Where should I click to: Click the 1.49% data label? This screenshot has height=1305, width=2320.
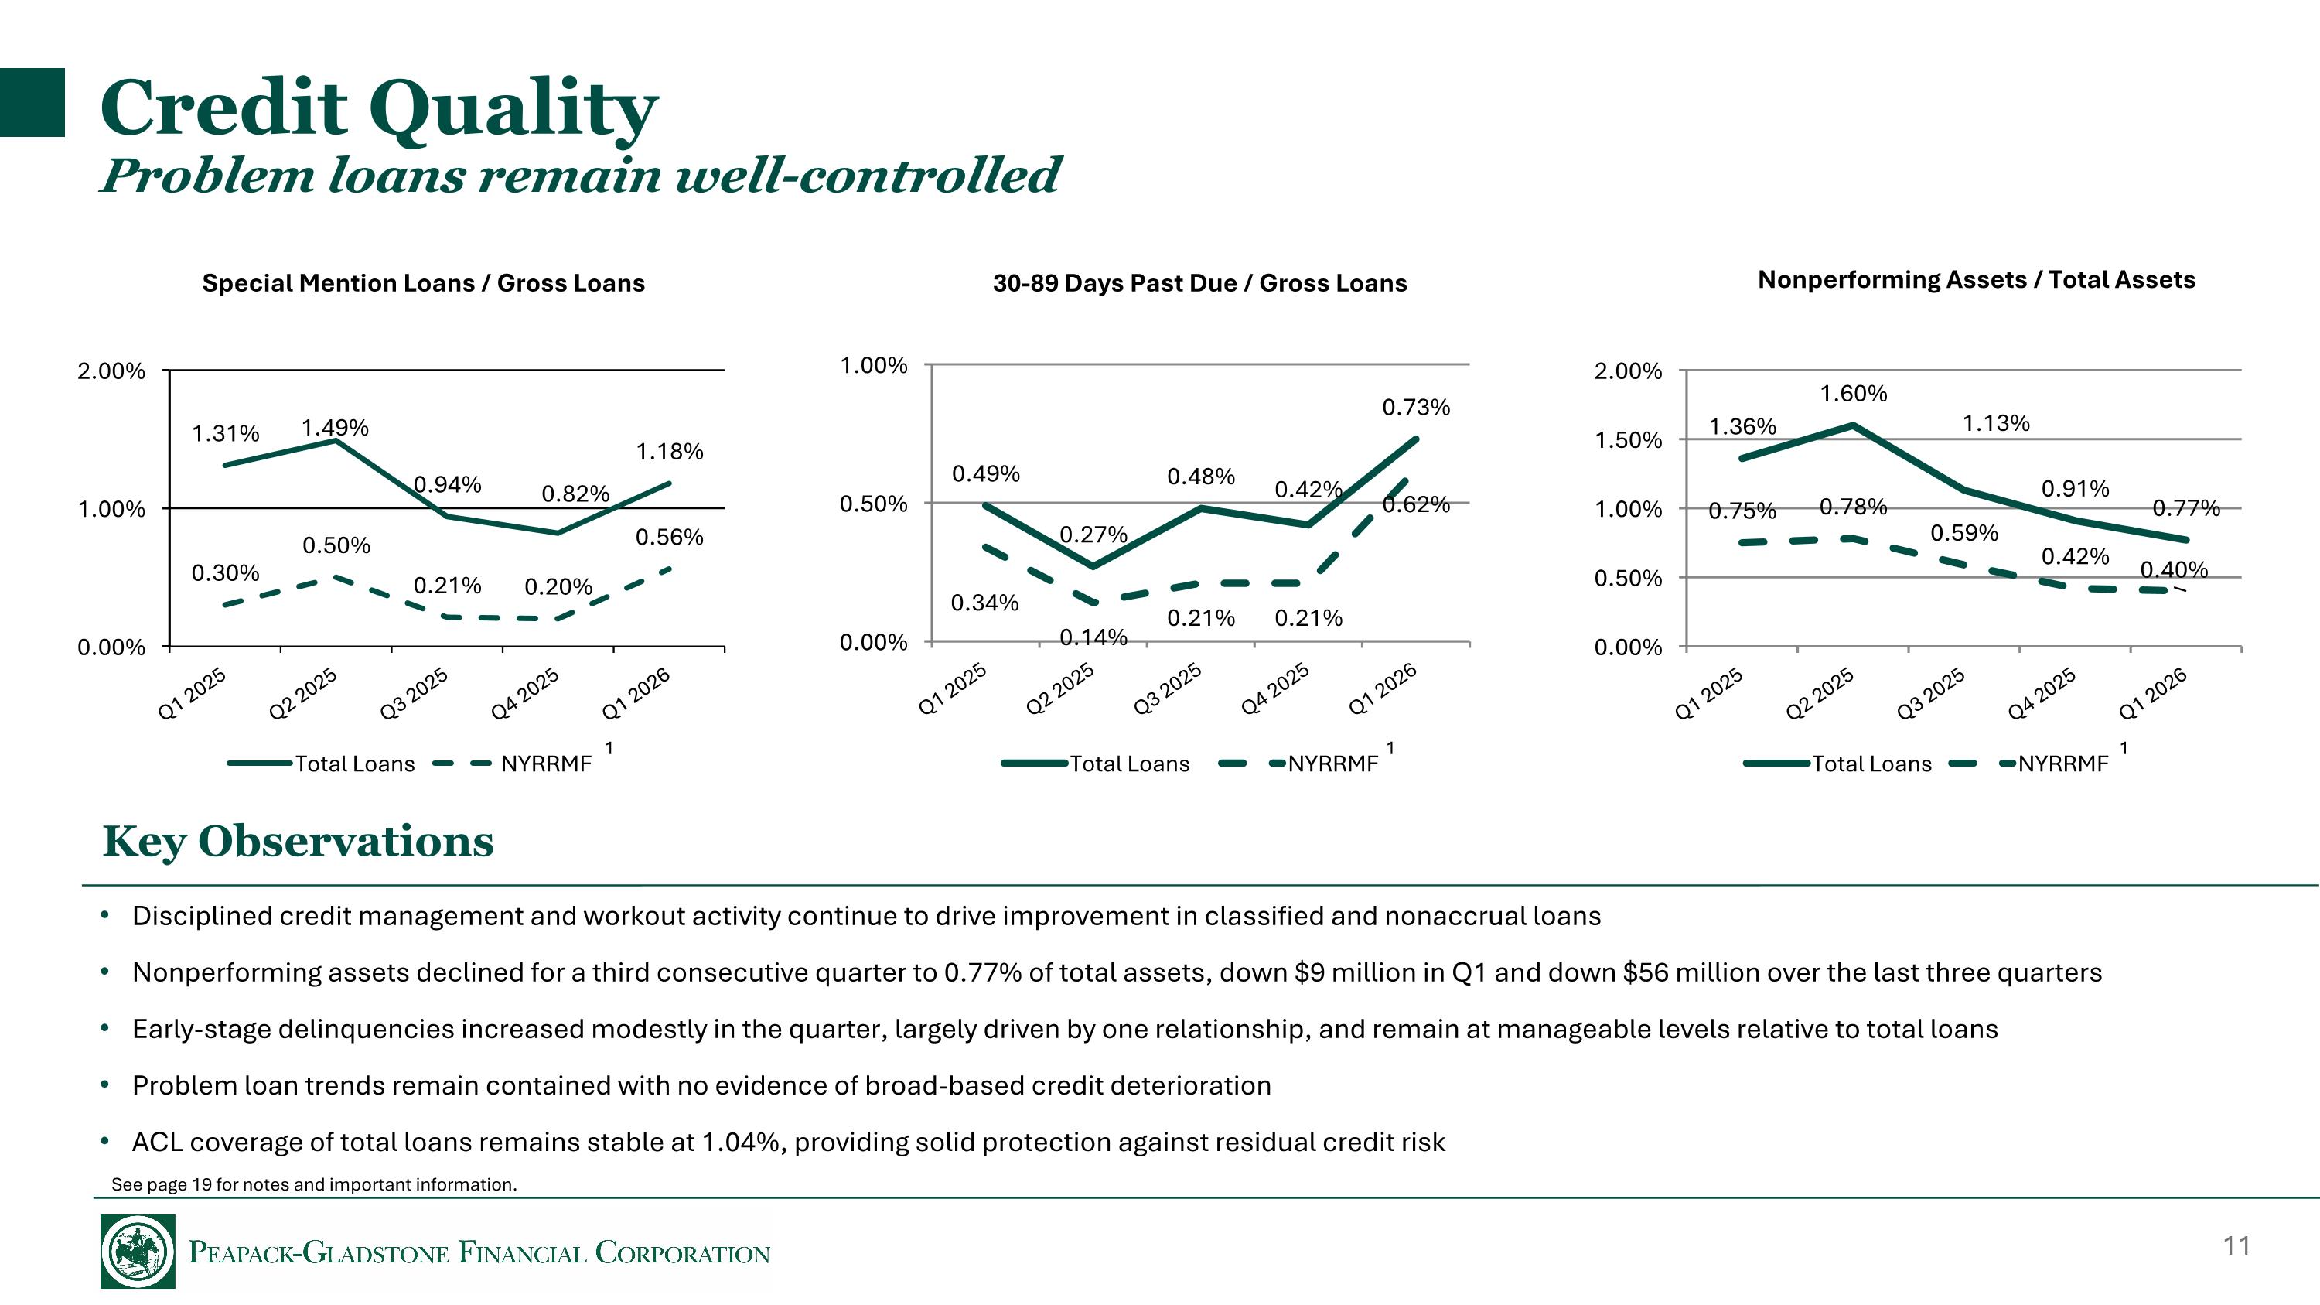coord(334,428)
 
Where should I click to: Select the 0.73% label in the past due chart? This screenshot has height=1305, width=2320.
coord(1416,408)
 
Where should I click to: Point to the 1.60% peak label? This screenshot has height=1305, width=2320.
coord(1853,394)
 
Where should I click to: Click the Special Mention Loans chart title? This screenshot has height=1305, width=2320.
coord(423,283)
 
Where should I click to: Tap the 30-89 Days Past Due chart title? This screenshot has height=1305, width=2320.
coord(1199,283)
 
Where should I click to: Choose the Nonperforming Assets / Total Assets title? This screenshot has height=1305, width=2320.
coord(1976,280)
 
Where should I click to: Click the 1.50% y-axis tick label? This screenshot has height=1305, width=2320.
coord(1627,440)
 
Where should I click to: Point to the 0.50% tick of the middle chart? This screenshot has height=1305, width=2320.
coord(872,504)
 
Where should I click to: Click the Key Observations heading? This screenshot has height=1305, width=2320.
coord(298,841)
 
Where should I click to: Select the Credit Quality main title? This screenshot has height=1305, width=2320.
coord(378,108)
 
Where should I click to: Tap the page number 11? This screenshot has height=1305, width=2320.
coord(2236,1246)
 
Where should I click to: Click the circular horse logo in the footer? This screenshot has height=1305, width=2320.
coord(138,1251)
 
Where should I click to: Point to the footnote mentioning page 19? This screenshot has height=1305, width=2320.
coord(313,1184)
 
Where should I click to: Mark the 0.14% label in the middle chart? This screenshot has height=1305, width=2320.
coord(1093,637)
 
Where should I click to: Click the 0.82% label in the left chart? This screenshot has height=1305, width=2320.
coord(575,494)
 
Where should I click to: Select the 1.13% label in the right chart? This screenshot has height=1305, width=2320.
coord(1996,423)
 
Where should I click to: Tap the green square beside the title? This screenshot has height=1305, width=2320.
coord(32,103)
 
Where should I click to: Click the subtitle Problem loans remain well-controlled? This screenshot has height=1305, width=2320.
coord(581,175)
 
